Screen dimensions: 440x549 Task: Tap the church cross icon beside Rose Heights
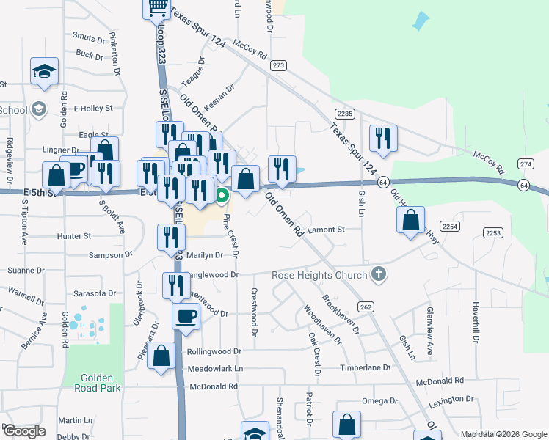pyautogui.click(x=379, y=275)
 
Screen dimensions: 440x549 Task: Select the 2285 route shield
pyautogui.click(x=344, y=114)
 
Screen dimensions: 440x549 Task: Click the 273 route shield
pyautogui.click(x=277, y=65)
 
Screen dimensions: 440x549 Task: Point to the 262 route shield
pyautogui.click(x=365, y=306)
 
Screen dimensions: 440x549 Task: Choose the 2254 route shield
pyautogui.click(x=450, y=227)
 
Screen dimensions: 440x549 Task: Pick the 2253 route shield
pyautogui.click(x=492, y=232)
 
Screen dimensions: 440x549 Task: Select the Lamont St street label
pyautogui.click(x=327, y=230)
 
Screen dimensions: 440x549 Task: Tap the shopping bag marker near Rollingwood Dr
pyautogui.click(x=161, y=356)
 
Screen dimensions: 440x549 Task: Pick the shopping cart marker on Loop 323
pyautogui.click(x=157, y=7)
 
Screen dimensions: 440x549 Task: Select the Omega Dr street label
pyautogui.click(x=379, y=401)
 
